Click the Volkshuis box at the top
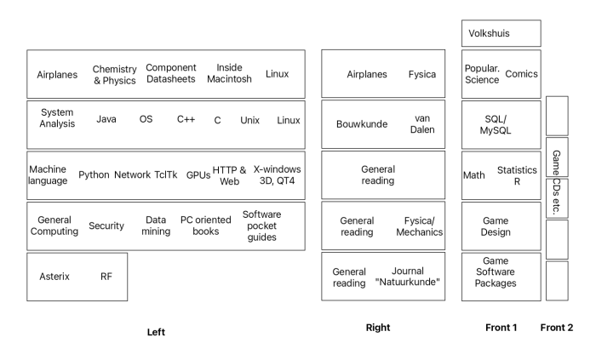click(x=501, y=33)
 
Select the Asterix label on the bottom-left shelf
click(x=54, y=277)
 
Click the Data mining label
click(x=155, y=226)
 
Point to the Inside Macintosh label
click(x=230, y=74)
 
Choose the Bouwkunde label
click(x=362, y=124)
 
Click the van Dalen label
click(x=423, y=124)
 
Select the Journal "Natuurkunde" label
click(x=407, y=277)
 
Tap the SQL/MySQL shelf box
click(x=501, y=124)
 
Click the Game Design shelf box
click(x=501, y=226)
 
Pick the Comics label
click(x=521, y=74)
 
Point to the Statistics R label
click(x=517, y=174)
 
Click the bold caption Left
click(x=155, y=332)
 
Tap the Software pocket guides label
click(x=261, y=226)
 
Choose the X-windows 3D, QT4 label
click(x=277, y=174)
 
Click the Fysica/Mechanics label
click(x=423, y=226)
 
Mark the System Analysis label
click(x=57, y=118)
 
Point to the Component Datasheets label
click(x=171, y=74)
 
